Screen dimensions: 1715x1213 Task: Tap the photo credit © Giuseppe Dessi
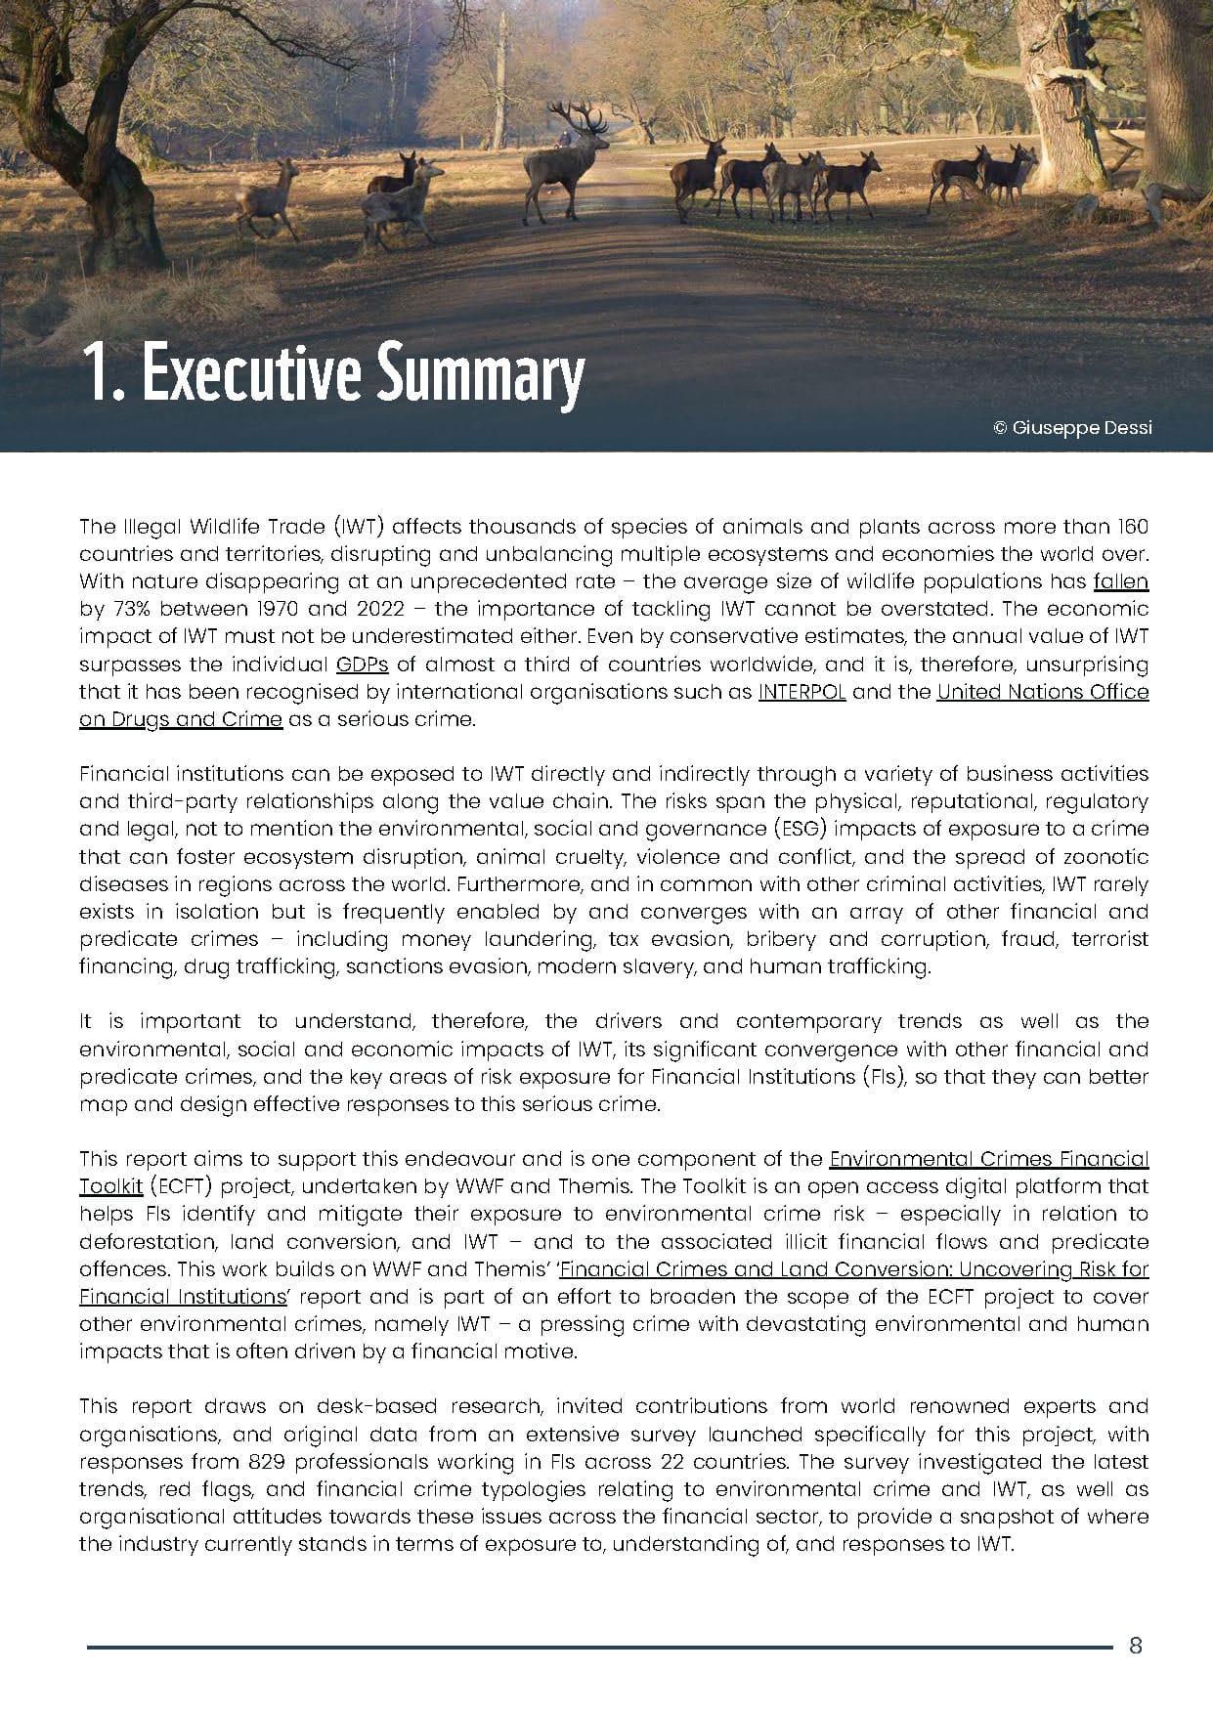1072,427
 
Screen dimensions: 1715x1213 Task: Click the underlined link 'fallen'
1120,581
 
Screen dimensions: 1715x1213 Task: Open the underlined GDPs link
362,665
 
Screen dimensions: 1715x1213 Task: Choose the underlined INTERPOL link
801,692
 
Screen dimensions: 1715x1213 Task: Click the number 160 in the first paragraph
1133,527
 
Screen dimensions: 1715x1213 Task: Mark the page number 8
1135,1646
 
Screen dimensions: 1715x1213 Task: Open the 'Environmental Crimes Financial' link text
988,1159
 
